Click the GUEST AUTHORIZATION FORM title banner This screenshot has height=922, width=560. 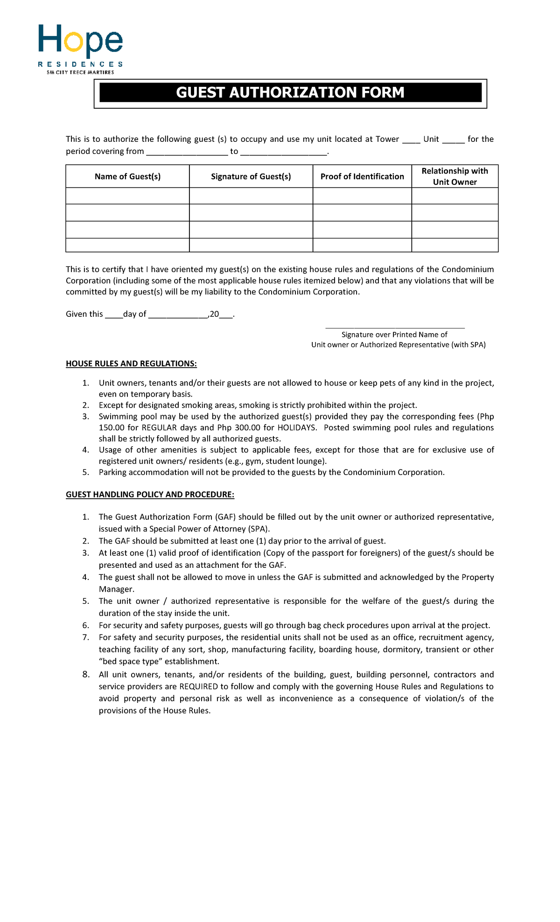[290, 92]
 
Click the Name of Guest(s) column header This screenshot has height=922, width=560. [127, 176]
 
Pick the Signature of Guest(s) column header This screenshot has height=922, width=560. [251, 176]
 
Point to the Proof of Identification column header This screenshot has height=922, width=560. [362, 176]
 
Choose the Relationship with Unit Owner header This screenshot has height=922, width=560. [455, 176]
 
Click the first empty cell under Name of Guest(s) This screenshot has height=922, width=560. [127, 196]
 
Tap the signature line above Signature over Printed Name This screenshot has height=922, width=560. [395, 328]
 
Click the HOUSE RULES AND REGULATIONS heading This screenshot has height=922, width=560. [131, 364]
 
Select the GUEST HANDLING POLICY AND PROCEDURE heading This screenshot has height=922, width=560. [150, 495]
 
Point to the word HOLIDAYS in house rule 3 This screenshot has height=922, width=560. [296, 428]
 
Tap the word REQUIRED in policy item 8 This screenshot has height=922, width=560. [198, 687]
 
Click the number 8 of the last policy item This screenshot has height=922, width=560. [85, 675]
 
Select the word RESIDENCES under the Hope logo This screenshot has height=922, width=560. [80, 64]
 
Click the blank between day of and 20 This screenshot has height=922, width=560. [178, 314]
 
